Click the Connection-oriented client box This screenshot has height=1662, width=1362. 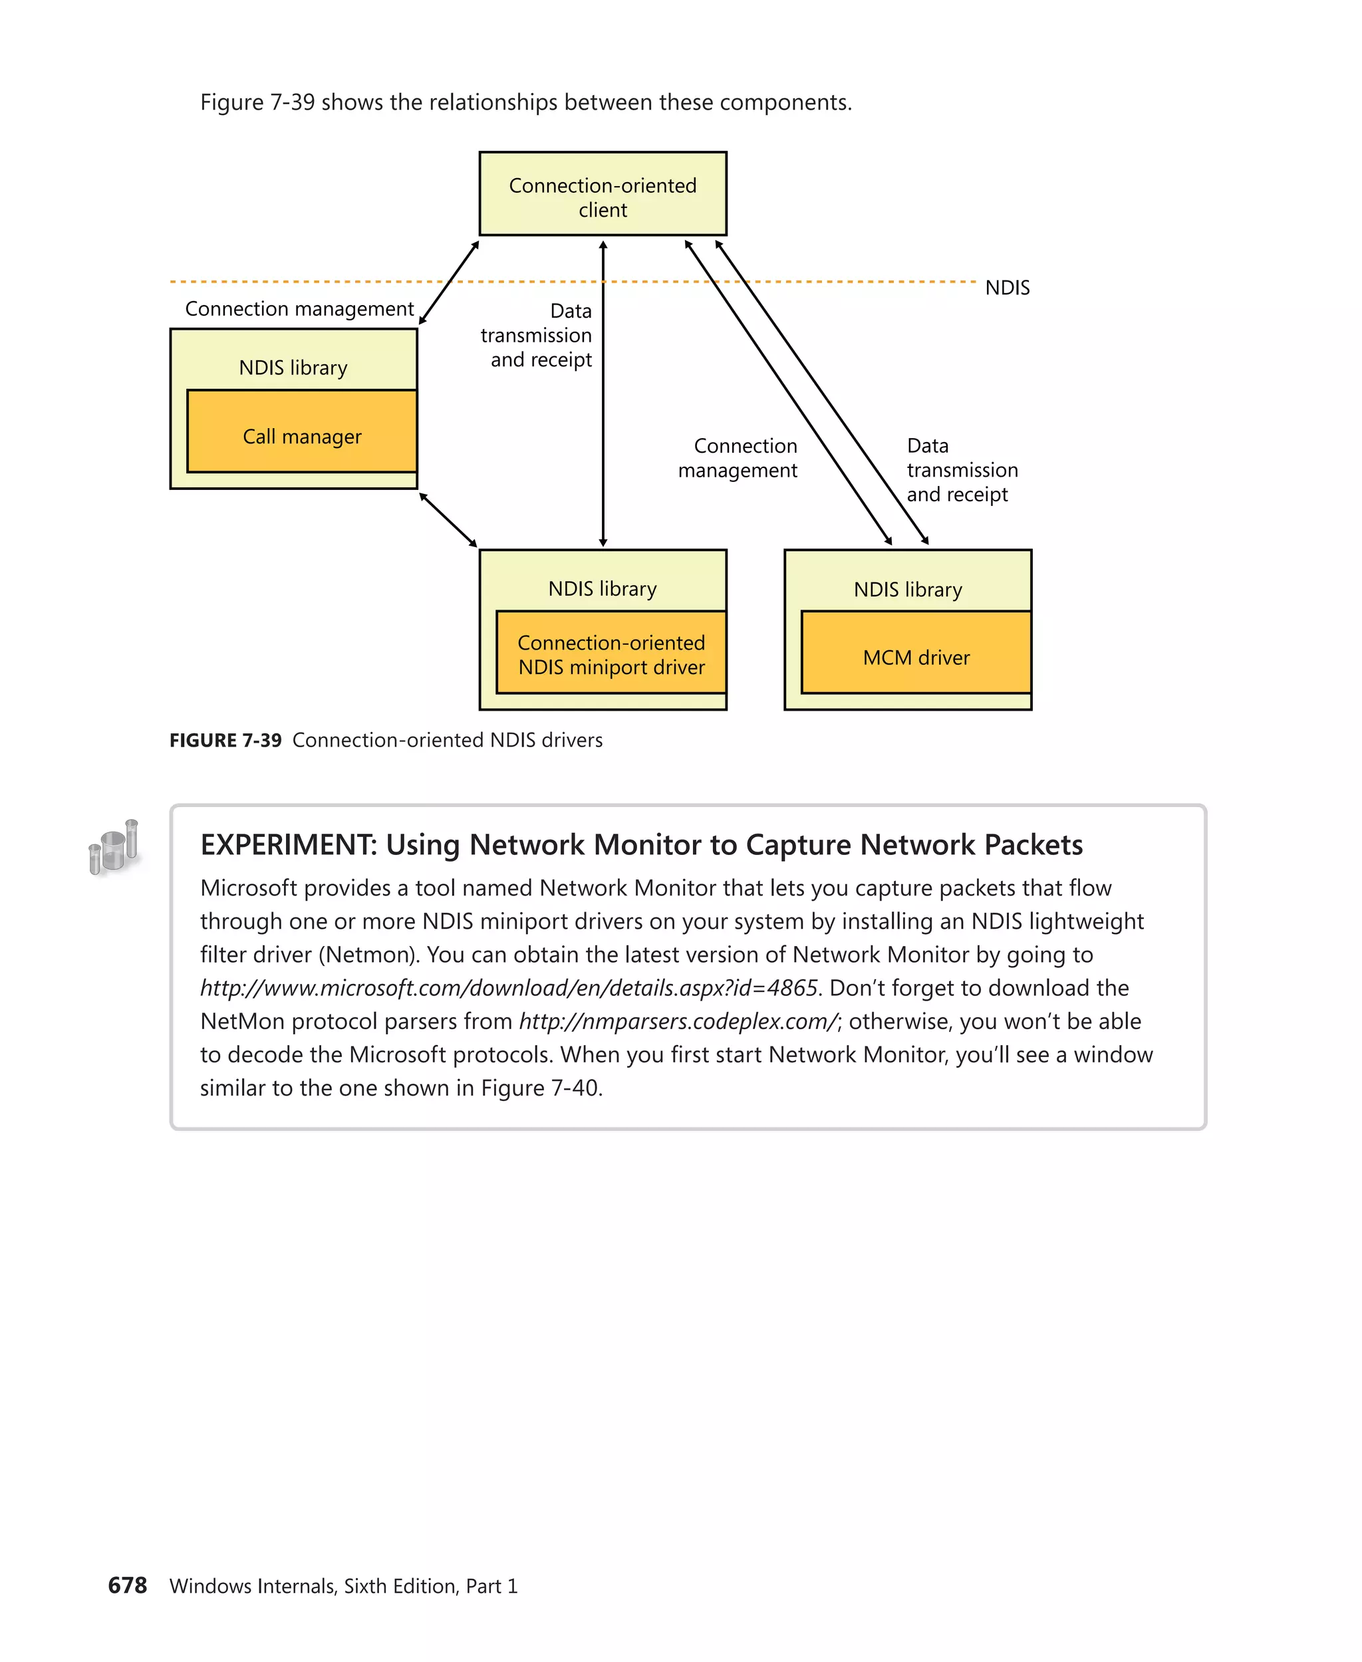pyautogui.click(x=603, y=193)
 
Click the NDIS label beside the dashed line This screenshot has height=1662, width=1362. pyautogui.click(x=1008, y=288)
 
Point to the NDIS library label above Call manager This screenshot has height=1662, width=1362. pyautogui.click(x=293, y=368)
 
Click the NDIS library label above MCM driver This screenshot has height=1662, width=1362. pyautogui.click(x=908, y=589)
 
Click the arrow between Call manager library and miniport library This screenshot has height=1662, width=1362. pyautogui.click(x=448, y=520)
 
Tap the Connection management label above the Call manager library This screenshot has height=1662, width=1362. pyautogui.click(x=299, y=309)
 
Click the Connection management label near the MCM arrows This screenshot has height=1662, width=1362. pyautogui.click(x=738, y=458)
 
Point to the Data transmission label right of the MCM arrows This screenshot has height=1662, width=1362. pyautogui.click(x=962, y=470)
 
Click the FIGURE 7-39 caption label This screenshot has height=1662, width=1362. pyautogui.click(x=225, y=741)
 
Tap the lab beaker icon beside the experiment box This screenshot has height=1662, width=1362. pyautogui.click(x=114, y=847)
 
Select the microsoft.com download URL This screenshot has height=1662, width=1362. pyautogui.click(x=509, y=989)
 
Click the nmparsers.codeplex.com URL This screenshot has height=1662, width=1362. pyautogui.click(x=678, y=1021)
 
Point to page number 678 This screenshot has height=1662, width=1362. pyautogui.click(x=127, y=1585)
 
